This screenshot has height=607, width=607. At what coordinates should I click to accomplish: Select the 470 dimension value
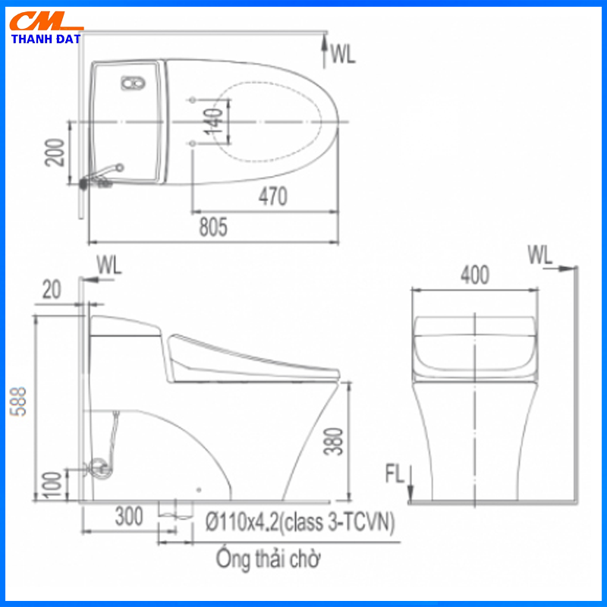[272, 197]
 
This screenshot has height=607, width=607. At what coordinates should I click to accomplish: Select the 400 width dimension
[474, 274]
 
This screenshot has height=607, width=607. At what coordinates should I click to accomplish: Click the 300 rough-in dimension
[129, 517]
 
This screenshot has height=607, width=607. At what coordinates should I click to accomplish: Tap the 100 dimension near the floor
[51, 483]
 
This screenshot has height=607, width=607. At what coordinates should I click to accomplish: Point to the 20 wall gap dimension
[52, 288]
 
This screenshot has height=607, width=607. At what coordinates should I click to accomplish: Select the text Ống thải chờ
[268, 560]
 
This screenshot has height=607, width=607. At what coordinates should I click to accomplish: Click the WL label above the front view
[540, 255]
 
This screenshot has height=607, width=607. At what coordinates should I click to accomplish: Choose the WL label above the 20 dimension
[109, 265]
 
